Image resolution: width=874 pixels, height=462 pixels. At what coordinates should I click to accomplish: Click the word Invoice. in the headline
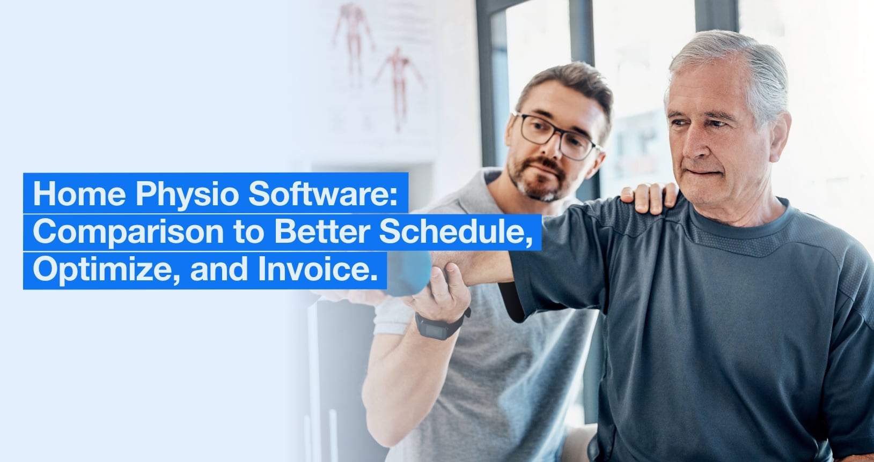pyautogui.click(x=318, y=270)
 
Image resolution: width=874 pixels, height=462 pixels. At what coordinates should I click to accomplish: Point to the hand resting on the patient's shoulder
pyautogui.click(x=650, y=198)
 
